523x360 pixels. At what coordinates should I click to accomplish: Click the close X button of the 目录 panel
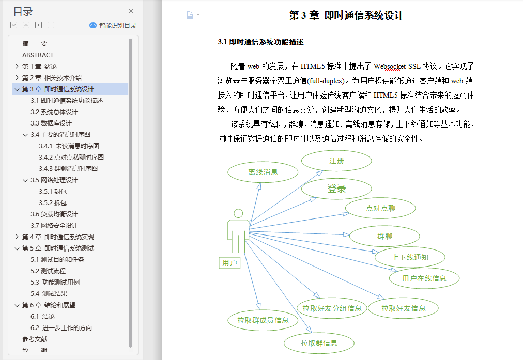[x=131, y=11]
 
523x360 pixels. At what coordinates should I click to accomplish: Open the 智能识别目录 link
[x=113, y=26]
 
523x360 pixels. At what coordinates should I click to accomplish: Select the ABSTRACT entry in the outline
[x=38, y=55]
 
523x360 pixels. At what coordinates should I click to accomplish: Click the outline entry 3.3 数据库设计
[x=51, y=123]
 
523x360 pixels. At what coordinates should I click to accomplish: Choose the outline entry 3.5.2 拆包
[x=53, y=202]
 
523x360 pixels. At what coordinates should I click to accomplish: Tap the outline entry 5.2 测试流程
[x=48, y=271]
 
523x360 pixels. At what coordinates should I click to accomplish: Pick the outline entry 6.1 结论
[x=43, y=316]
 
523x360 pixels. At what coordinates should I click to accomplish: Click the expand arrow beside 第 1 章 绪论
[x=17, y=66]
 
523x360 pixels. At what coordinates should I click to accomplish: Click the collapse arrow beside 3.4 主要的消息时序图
[x=25, y=135]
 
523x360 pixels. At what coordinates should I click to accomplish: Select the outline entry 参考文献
[x=35, y=339]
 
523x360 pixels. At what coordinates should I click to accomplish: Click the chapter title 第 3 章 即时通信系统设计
[x=346, y=15]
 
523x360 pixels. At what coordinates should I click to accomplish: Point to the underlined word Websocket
[x=390, y=66]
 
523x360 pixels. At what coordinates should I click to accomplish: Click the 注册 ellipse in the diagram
[x=336, y=161]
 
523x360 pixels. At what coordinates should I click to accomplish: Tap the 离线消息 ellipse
[x=263, y=172]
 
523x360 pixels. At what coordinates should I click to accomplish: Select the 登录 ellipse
[x=336, y=189]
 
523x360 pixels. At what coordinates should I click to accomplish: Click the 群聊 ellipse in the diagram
[x=384, y=236]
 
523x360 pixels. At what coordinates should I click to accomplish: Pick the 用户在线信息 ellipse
[x=424, y=278]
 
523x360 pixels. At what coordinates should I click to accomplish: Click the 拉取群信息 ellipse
[x=319, y=343]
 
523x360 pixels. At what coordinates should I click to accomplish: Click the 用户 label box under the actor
[x=229, y=263]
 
